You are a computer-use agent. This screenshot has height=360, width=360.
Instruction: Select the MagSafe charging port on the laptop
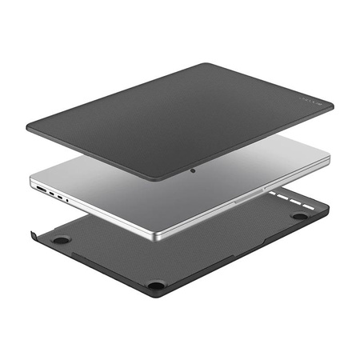[41, 189]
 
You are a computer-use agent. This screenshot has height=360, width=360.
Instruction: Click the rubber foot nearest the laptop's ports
[60, 239]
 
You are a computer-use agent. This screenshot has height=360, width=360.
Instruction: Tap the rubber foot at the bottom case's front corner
[157, 284]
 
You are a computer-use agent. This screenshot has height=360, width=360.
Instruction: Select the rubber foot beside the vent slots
[300, 216]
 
